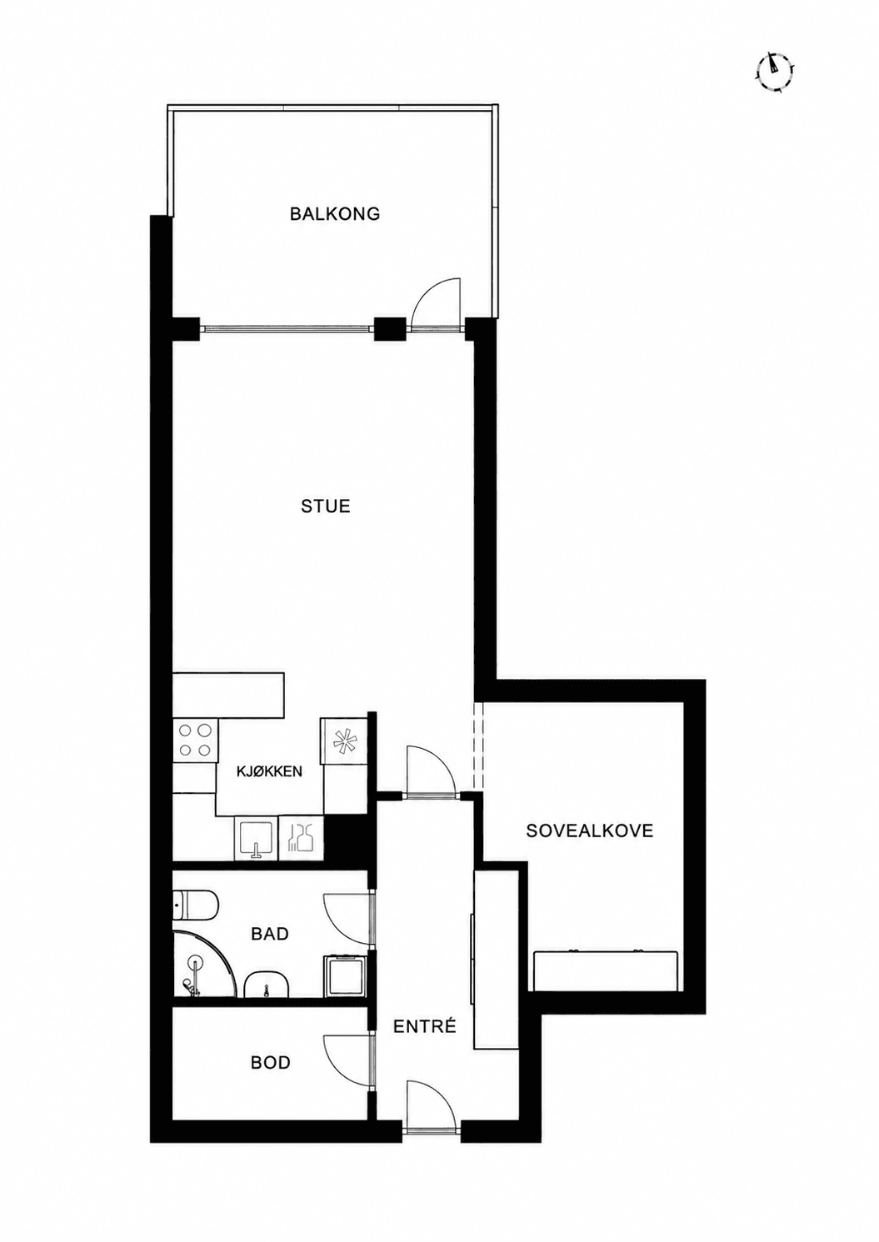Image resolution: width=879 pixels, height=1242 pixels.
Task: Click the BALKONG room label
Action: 335,213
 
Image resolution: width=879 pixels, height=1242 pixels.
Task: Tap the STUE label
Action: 326,506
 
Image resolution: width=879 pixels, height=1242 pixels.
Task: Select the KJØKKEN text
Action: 269,771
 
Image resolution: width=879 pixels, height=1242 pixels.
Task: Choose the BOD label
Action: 271,1062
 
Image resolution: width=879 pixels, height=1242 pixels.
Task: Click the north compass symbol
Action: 774,71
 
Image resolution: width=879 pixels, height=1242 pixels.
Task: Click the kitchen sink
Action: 256,838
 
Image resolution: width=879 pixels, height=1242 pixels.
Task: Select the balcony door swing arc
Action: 437,304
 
